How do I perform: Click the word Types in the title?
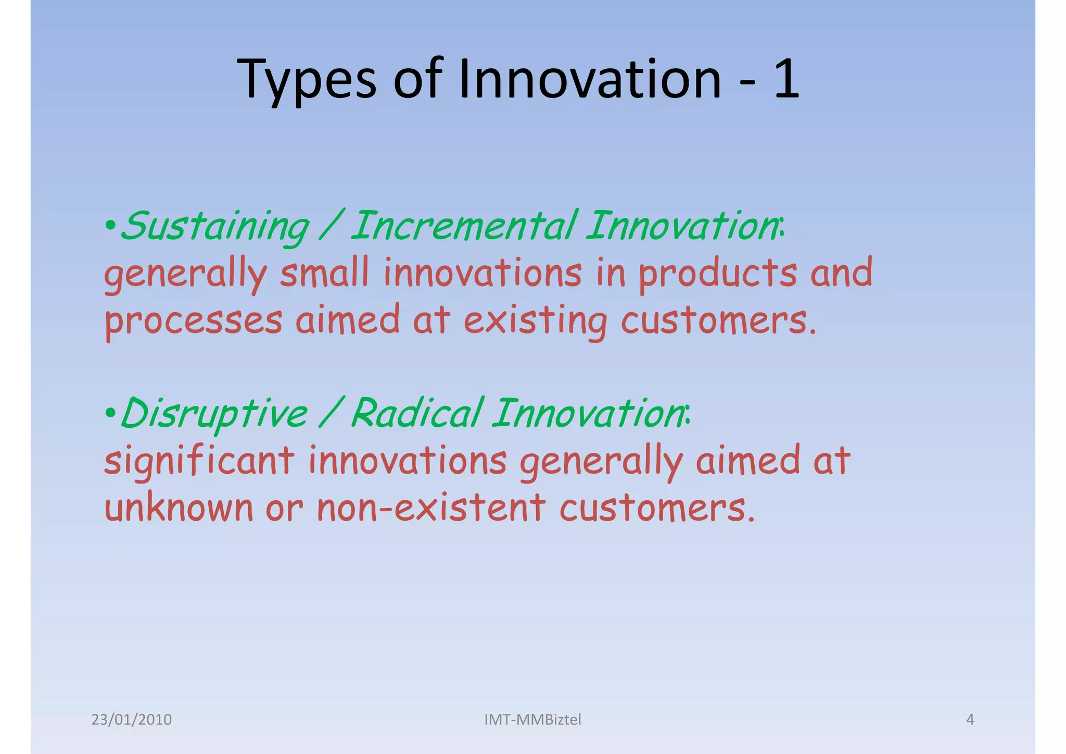coord(306,80)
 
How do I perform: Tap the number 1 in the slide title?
coord(786,79)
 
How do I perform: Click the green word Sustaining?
coord(214,227)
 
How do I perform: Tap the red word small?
coord(324,273)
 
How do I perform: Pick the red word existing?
coord(535,320)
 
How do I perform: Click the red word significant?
coord(199,462)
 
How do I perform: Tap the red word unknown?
coord(179,508)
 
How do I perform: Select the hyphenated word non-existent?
coord(432,508)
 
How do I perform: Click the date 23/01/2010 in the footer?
coord(131,720)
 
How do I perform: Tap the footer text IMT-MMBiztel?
coord(532,720)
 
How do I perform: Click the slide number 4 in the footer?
coord(970,720)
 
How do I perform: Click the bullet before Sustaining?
coord(110,227)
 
